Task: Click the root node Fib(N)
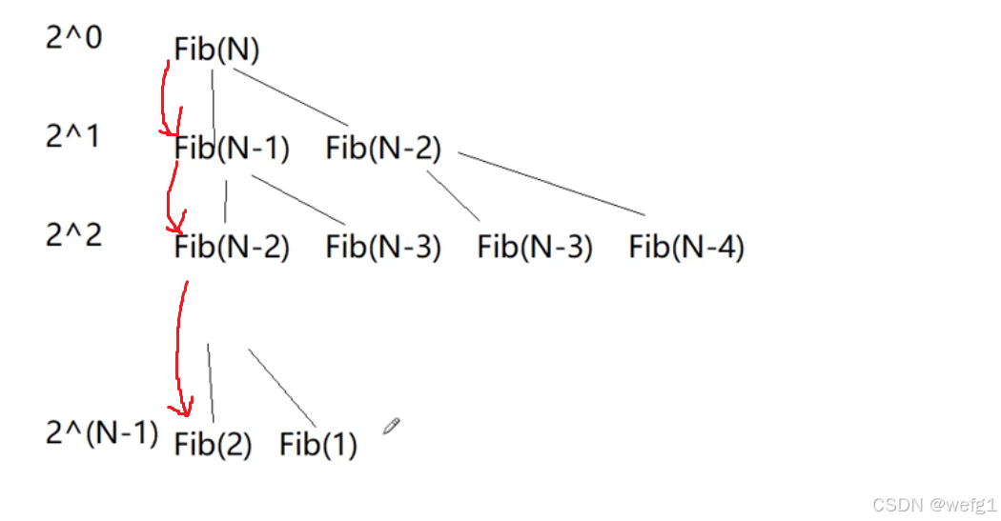pos(216,50)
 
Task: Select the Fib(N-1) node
pos(232,150)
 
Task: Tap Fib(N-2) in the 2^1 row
pos(383,150)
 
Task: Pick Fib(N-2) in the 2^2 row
pos(232,249)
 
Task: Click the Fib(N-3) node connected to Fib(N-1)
pos(383,249)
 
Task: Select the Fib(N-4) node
pos(686,249)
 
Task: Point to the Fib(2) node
pos(213,445)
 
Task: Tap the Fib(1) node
pos(318,445)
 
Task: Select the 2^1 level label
pos(72,136)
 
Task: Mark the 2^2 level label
pos(73,234)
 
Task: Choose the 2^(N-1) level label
pos(102,433)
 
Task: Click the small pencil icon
pos(392,426)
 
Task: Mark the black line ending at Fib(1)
pos(282,387)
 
